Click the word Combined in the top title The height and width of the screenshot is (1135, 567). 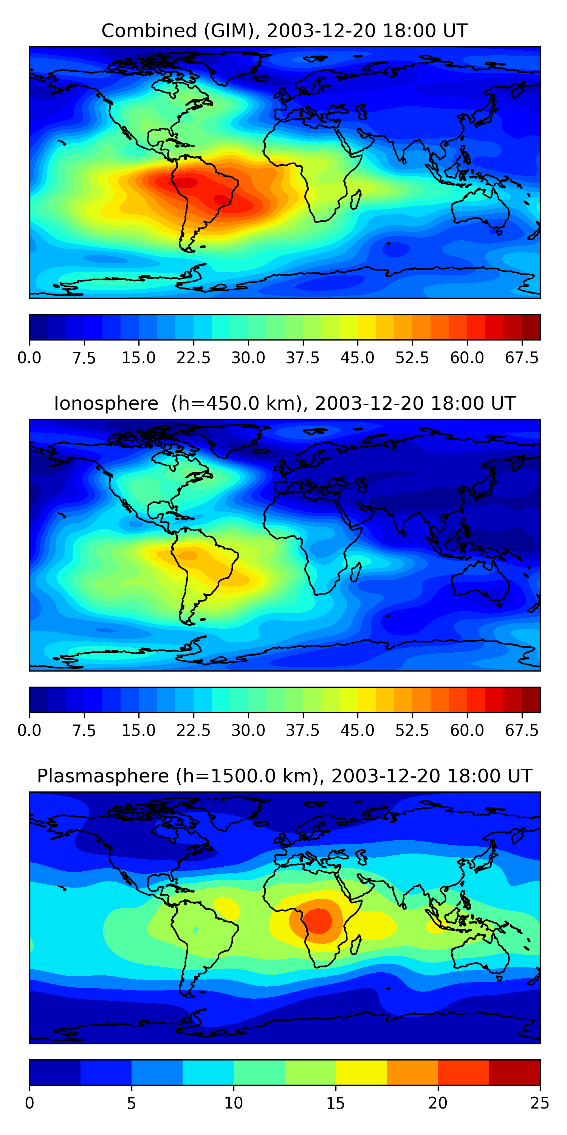(x=149, y=31)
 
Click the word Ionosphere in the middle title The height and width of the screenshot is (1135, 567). (x=106, y=404)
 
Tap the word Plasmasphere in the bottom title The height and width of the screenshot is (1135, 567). (x=102, y=776)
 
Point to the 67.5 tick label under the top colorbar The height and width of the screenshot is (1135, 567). (x=522, y=358)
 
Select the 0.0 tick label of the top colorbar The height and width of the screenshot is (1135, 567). (x=29, y=358)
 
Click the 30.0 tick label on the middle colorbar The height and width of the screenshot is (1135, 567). (x=248, y=730)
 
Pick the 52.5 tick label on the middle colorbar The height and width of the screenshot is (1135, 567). (x=412, y=730)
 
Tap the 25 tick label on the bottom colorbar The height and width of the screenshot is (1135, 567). (x=540, y=1103)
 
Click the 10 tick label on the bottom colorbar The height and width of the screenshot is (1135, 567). (x=233, y=1103)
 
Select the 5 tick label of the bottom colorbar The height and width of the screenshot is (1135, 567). (x=131, y=1103)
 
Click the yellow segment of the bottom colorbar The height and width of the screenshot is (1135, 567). (x=361, y=1072)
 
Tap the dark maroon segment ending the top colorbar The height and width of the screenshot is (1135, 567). (x=531, y=327)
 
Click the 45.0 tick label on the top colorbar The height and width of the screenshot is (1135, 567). (x=358, y=358)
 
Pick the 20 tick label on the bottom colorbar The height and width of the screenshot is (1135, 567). (x=438, y=1103)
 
